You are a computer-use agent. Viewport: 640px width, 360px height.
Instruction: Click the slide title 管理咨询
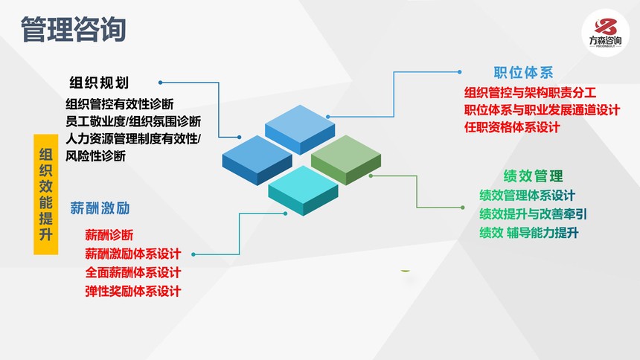(x=73, y=30)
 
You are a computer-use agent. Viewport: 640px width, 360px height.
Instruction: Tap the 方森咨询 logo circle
(x=605, y=33)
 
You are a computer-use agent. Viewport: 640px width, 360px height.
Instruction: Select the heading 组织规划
(x=99, y=83)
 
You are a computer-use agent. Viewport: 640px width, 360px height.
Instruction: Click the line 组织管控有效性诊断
(x=120, y=104)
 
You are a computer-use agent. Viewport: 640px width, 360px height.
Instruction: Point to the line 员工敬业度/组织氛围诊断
(x=133, y=121)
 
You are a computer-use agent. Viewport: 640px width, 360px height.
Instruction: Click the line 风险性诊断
(x=95, y=156)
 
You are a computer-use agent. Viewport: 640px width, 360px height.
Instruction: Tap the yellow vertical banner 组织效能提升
(x=45, y=194)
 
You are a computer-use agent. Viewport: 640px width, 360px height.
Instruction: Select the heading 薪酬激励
(x=100, y=208)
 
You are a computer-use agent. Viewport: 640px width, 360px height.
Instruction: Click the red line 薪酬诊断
(x=109, y=235)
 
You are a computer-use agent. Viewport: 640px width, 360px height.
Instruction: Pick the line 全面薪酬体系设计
(x=133, y=272)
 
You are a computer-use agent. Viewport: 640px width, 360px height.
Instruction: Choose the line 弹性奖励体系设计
(x=133, y=291)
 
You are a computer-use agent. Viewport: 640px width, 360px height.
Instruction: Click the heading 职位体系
(x=523, y=73)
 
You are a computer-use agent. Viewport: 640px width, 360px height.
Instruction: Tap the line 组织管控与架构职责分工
(x=530, y=93)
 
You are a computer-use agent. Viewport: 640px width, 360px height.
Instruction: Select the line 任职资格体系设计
(x=512, y=127)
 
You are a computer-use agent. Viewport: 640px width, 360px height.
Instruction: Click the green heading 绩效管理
(x=533, y=176)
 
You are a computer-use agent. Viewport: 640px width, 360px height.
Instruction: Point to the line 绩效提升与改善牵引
(x=533, y=214)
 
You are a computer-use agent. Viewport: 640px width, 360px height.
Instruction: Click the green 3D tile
(x=346, y=160)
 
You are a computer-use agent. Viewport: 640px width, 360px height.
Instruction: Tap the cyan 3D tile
(x=304, y=190)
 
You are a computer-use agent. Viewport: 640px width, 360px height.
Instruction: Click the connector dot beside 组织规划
(x=161, y=83)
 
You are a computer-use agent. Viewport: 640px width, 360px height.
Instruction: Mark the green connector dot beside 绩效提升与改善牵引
(x=462, y=208)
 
